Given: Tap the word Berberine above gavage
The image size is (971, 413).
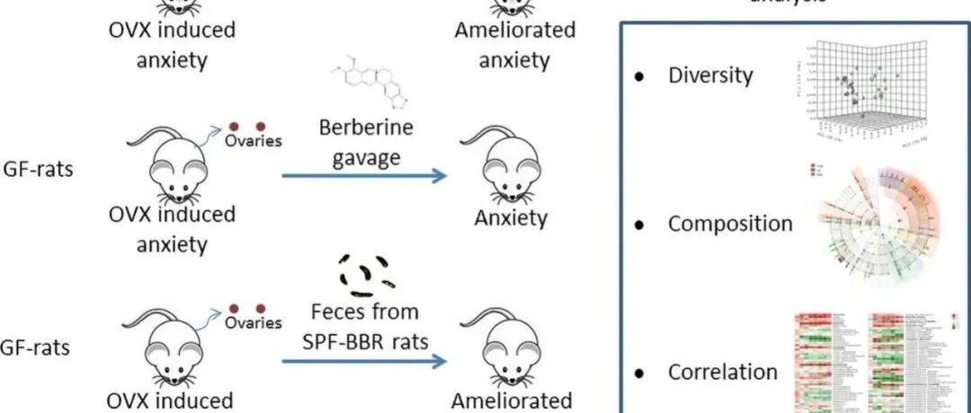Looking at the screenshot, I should (366, 127).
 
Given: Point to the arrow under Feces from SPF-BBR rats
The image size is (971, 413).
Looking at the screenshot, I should (364, 362).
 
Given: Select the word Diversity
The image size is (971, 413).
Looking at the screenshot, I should (710, 75).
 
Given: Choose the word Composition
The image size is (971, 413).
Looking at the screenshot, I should (730, 224).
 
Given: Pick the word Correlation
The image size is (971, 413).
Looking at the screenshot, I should (723, 372).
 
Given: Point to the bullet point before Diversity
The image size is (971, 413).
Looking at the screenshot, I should (640, 76).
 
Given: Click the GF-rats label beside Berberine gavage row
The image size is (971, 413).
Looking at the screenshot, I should (37, 168).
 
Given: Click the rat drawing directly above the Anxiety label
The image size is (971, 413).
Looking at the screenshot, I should (512, 167).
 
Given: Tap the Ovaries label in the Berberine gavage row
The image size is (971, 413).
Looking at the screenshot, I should (254, 141).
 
